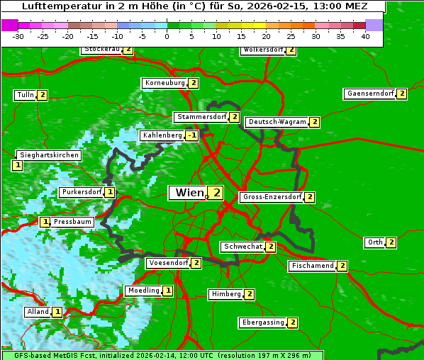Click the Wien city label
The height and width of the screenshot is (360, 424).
188,193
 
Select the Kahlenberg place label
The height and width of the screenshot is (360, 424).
162,135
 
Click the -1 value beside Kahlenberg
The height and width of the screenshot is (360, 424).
191,135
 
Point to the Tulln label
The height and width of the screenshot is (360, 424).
25,95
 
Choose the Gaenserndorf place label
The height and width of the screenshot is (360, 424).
369,94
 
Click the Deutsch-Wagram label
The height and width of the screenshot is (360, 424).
277,122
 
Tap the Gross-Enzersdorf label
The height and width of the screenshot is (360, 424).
272,197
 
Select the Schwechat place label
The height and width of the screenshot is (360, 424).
242,247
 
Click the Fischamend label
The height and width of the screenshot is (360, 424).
311,266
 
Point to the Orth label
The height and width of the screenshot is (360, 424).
374,242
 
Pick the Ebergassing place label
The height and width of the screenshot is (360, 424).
263,322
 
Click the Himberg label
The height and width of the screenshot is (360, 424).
225,294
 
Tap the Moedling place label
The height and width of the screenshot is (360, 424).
143,291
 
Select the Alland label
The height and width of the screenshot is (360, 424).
38,312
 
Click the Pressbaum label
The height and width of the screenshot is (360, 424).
73,222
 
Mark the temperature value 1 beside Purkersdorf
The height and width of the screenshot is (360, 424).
109,192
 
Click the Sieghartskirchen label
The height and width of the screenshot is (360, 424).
48,155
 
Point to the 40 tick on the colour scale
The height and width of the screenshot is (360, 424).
365,37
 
